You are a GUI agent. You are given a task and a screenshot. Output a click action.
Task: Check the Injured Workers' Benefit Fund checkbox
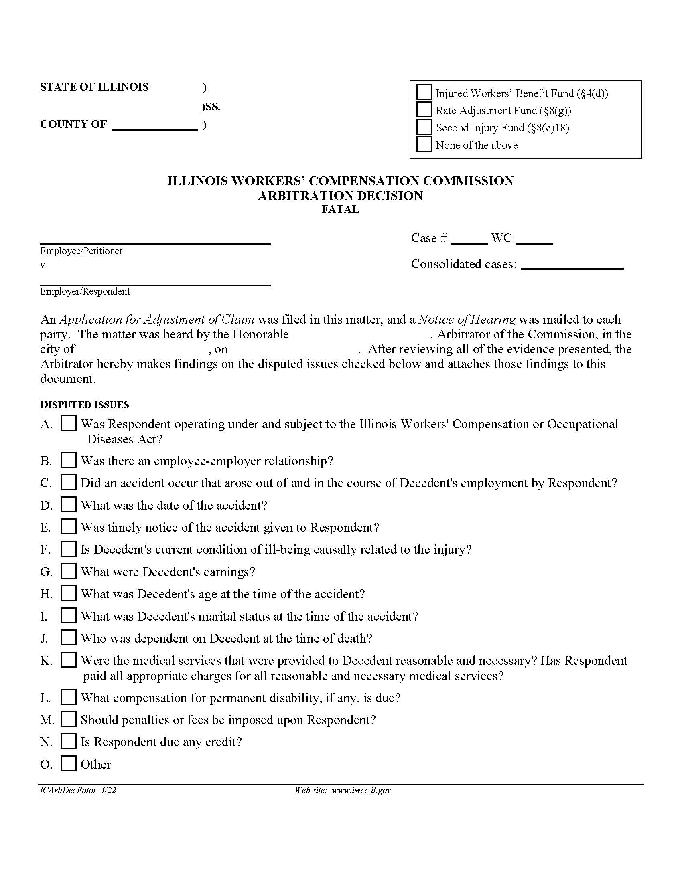tap(424, 92)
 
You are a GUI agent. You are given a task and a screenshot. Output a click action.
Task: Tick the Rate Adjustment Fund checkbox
tap(424, 109)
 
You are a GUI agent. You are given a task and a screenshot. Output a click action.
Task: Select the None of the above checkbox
tap(424, 144)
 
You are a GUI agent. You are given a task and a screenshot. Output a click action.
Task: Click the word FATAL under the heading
tap(340, 210)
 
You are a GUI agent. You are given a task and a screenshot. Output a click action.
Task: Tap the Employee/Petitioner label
tap(81, 251)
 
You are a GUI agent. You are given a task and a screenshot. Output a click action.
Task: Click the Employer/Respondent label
tap(85, 291)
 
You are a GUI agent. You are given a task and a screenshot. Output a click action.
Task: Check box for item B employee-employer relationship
tap(68, 460)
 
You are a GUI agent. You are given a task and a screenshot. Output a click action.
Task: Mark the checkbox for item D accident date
tap(68, 504)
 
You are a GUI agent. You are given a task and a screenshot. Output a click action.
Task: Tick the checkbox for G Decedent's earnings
tap(68, 571)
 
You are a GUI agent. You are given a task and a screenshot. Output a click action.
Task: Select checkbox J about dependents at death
tap(68, 637)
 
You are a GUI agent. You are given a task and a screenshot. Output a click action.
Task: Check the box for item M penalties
tap(68, 719)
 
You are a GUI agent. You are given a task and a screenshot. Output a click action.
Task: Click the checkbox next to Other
tap(68, 763)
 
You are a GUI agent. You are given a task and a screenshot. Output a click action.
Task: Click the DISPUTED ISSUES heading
tap(84, 405)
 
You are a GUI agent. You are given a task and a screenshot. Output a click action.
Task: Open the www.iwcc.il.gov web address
tap(361, 790)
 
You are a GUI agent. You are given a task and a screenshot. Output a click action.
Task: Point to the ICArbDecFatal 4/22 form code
tap(78, 790)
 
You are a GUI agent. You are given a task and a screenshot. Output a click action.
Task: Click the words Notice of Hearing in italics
tap(467, 320)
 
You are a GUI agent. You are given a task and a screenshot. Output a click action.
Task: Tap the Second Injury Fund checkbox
tap(424, 127)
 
